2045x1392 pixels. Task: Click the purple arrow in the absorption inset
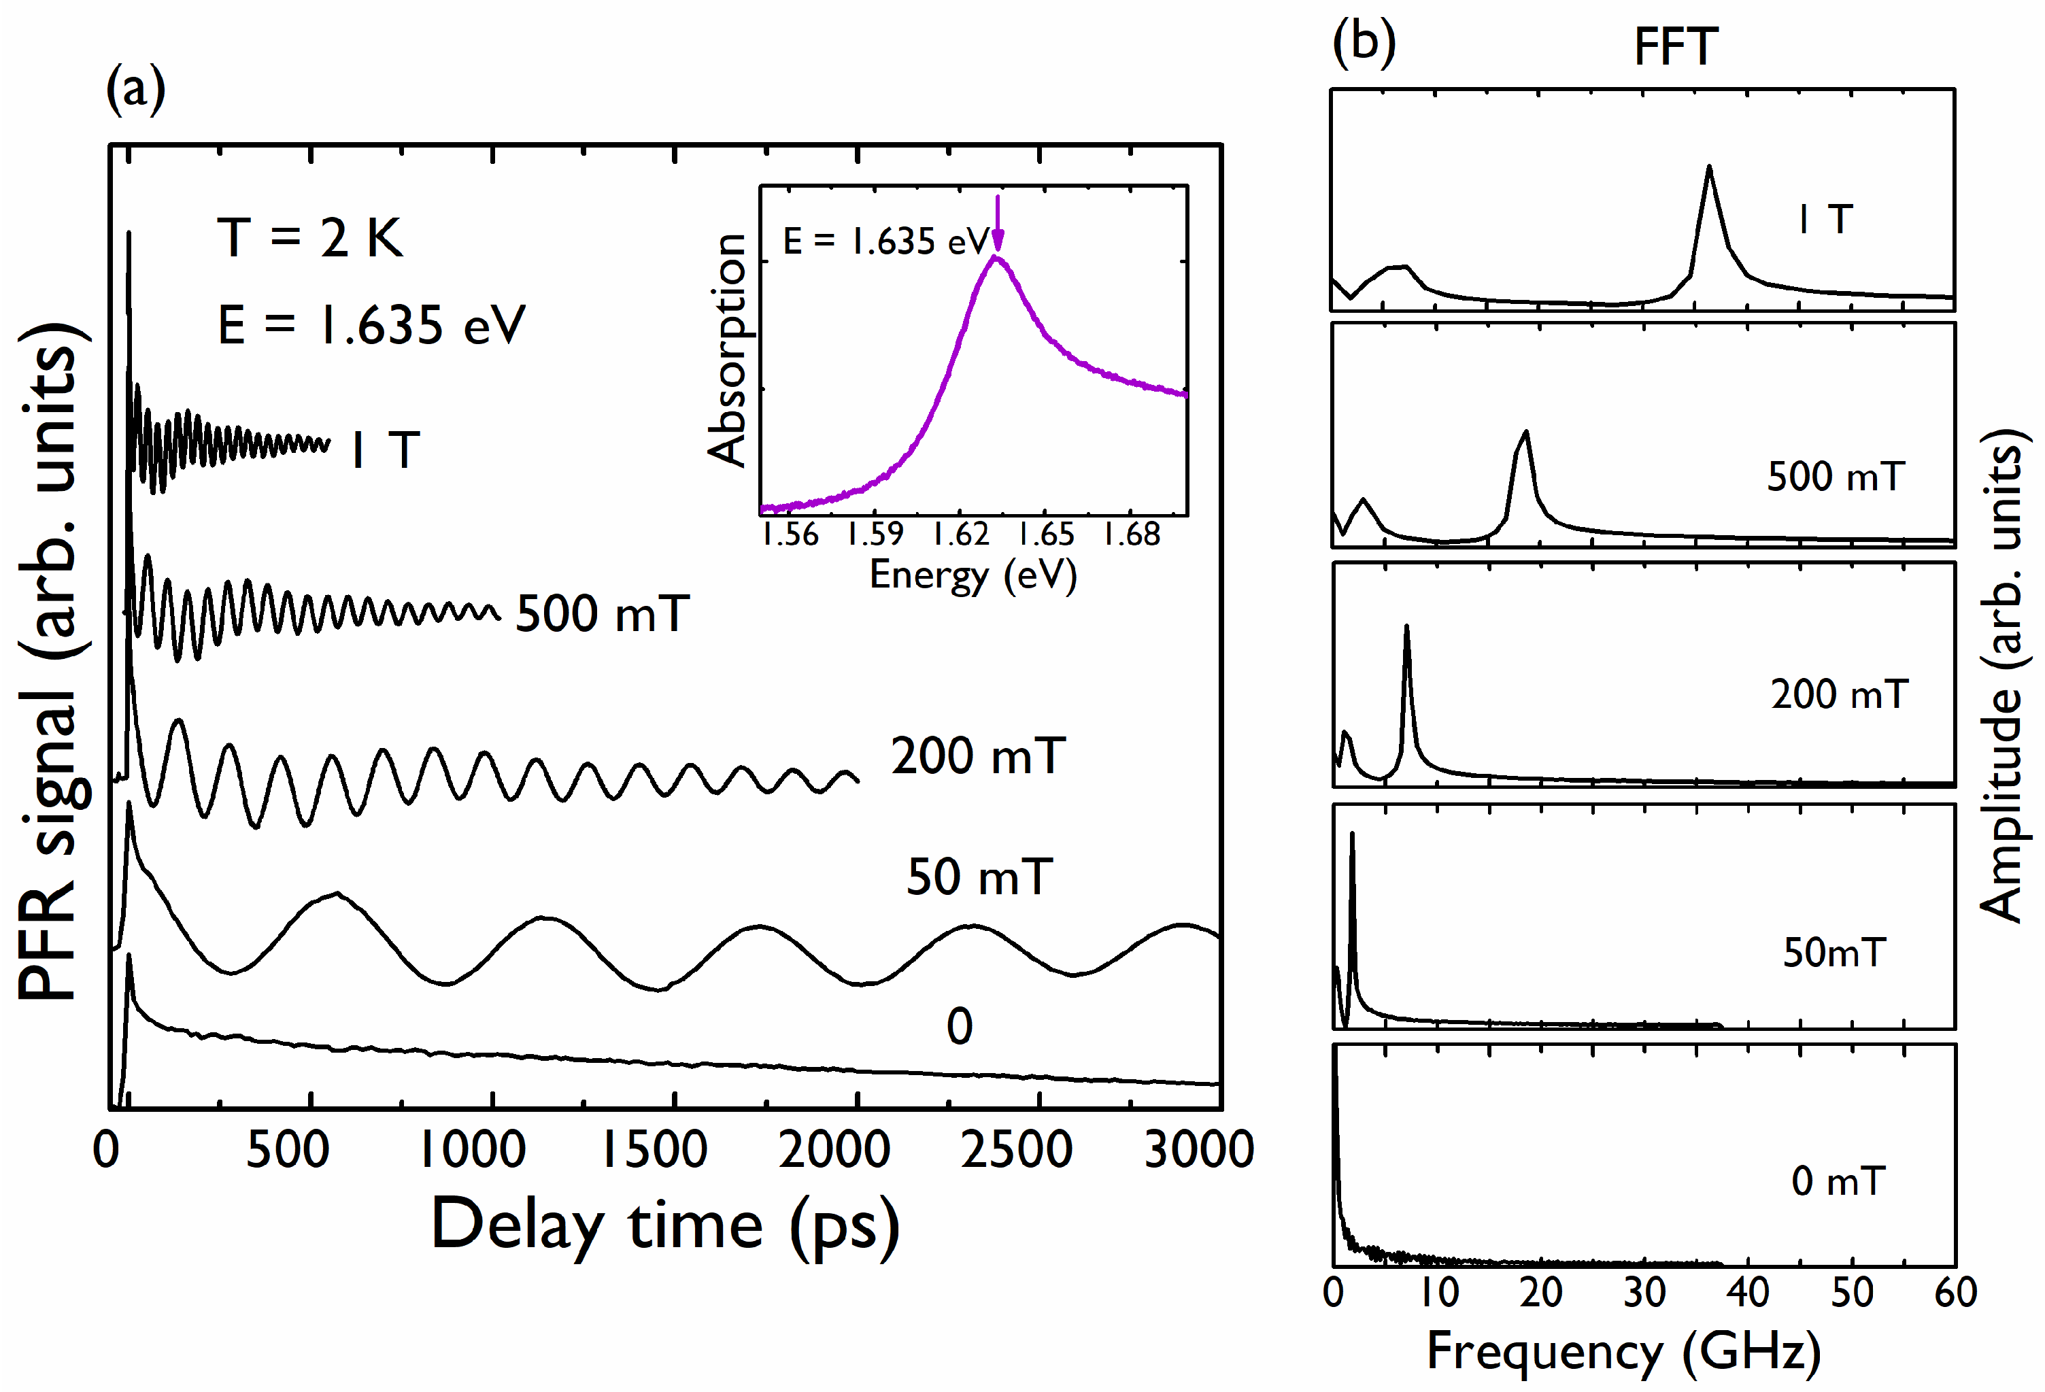pyautogui.click(x=997, y=225)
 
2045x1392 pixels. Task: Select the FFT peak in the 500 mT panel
pyautogui.click(x=1525, y=434)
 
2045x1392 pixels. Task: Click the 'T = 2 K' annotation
pyautogui.click(x=309, y=237)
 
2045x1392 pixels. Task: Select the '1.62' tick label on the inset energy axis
pyautogui.click(x=961, y=534)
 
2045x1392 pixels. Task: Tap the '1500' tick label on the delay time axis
pyautogui.click(x=654, y=1150)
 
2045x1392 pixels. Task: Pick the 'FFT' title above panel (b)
pyautogui.click(x=1676, y=48)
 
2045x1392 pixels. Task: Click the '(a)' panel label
pyautogui.click(x=135, y=90)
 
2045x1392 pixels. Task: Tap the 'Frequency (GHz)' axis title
pyautogui.click(x=1623, y=1351)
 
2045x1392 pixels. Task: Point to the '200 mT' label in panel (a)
pyautogui.click(x=978, y=756)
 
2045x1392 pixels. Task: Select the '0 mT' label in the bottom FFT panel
pyautogui.click(x=1838, y=1181)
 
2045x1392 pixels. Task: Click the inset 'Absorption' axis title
pyautogui.click(x=727, y=350)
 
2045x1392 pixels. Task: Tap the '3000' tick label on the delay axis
pyautogui.click(x=1198, y=1150)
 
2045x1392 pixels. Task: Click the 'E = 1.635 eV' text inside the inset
pyautogui.click(x=886, y=241)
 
